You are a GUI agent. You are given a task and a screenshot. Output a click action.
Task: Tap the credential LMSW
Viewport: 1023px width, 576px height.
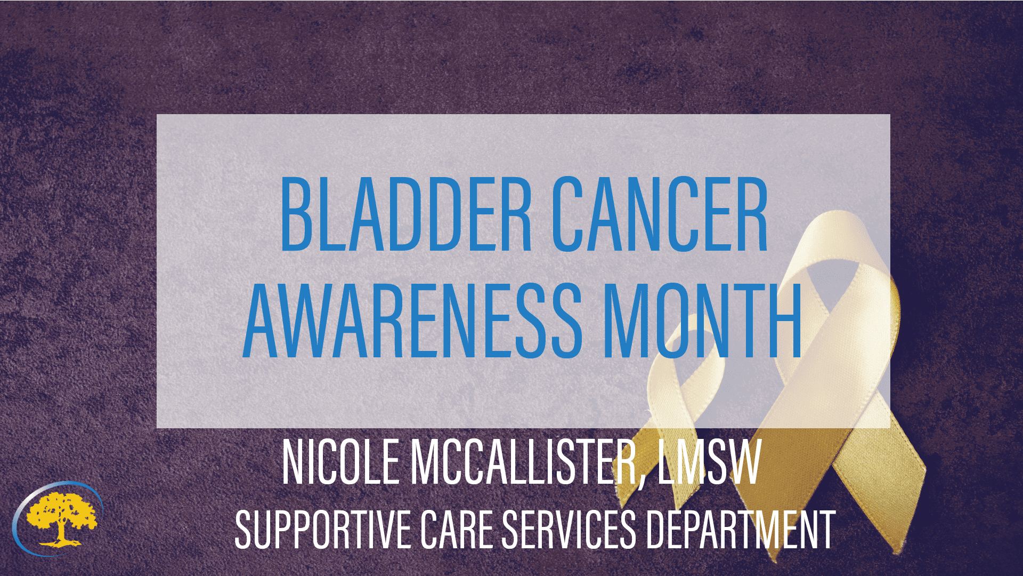pyautogui.click(x=709, y=462)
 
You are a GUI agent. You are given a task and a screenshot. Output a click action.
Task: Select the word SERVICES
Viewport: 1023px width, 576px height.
pyautogui.click(x=569, y=529)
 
